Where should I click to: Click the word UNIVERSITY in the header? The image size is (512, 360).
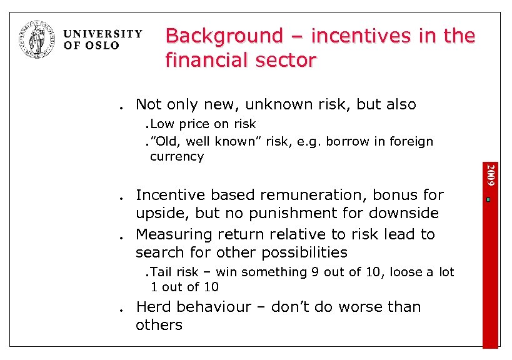(103, 34)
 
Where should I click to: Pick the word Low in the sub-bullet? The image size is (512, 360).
(163, 124)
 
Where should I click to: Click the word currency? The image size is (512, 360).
(177, 156)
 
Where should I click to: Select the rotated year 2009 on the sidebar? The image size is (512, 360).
(491, 175)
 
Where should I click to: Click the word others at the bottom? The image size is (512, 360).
(159, 325)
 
